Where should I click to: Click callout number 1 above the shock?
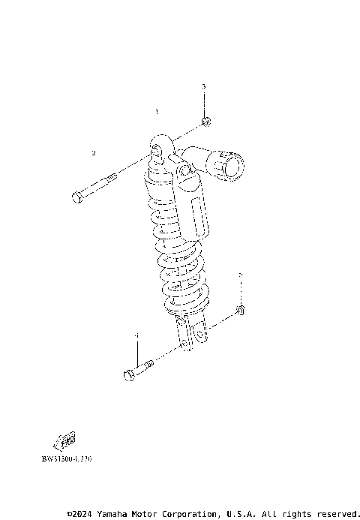coord(157,111)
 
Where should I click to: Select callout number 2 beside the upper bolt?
coord(94,153)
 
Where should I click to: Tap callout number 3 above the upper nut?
coord(203,87)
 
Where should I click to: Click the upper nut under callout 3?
coord(205,121)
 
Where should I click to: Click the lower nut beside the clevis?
coord(240,309)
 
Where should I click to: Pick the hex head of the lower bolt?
coord(128,374)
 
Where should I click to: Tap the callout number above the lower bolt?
coord(137,335)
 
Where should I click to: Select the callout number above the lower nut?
coord(240,275)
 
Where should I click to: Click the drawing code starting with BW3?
coord(66,456)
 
